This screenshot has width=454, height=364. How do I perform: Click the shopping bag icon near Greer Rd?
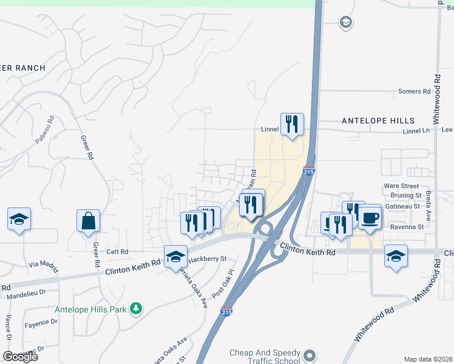coord(88,221)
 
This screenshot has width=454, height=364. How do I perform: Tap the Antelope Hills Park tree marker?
coord(137,309)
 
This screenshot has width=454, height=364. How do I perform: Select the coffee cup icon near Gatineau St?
coord(370,217)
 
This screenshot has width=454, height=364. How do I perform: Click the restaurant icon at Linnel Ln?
coord(292,125)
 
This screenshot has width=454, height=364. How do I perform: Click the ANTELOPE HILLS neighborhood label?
coord(378,121)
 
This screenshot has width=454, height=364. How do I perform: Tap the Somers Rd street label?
coord(414,92)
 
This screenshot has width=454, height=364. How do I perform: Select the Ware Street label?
coord(401,186)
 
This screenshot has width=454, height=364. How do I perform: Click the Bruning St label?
coord(406,196)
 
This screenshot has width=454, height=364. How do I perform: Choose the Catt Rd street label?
coord(117,251)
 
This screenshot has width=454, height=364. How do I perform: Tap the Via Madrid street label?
coord(46,265)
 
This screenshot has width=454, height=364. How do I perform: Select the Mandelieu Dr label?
coord(30,297)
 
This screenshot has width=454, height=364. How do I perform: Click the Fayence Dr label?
coord(41,325)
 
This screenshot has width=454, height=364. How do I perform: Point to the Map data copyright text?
coord(429,359)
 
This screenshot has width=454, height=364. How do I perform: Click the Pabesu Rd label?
coord(45,130)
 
